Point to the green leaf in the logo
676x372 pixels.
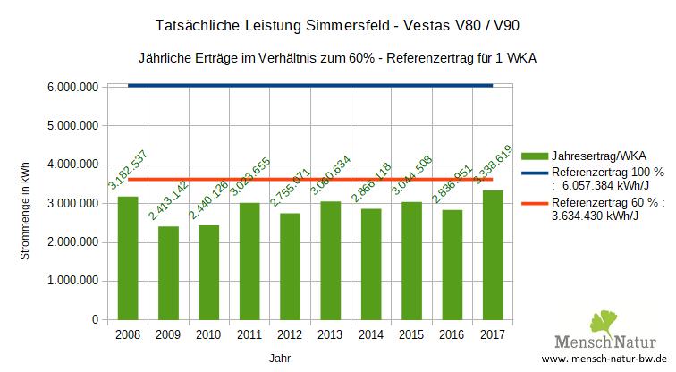(x=604, y=322)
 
